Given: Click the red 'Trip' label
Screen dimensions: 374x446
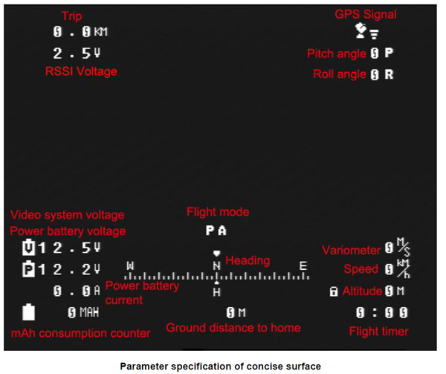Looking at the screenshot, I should point(72,16).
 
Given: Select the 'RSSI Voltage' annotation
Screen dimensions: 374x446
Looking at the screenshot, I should point(81,71).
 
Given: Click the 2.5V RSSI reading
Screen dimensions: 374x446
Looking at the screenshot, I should point(77,54).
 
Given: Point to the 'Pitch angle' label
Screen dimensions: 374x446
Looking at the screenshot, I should point(337,54).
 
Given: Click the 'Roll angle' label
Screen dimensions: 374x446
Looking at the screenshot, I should point(339,74).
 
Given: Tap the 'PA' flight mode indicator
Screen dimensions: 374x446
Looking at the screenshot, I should point(216,230).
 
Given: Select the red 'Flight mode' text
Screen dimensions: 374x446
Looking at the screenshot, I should point(218,212).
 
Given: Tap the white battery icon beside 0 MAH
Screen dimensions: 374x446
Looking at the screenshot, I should point(29,312).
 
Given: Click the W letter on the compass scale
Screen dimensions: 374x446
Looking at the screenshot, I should point(131,265).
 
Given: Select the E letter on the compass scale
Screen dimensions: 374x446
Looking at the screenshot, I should point(303,265).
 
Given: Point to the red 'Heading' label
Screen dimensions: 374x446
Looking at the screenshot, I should point(248,261).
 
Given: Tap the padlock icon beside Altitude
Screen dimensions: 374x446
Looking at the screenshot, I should point(334,291).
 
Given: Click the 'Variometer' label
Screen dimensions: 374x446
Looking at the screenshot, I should point(352,250).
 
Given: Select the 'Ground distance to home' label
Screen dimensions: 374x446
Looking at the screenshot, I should point(233,328).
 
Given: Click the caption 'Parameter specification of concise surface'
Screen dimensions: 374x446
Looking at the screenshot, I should point(221,366).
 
